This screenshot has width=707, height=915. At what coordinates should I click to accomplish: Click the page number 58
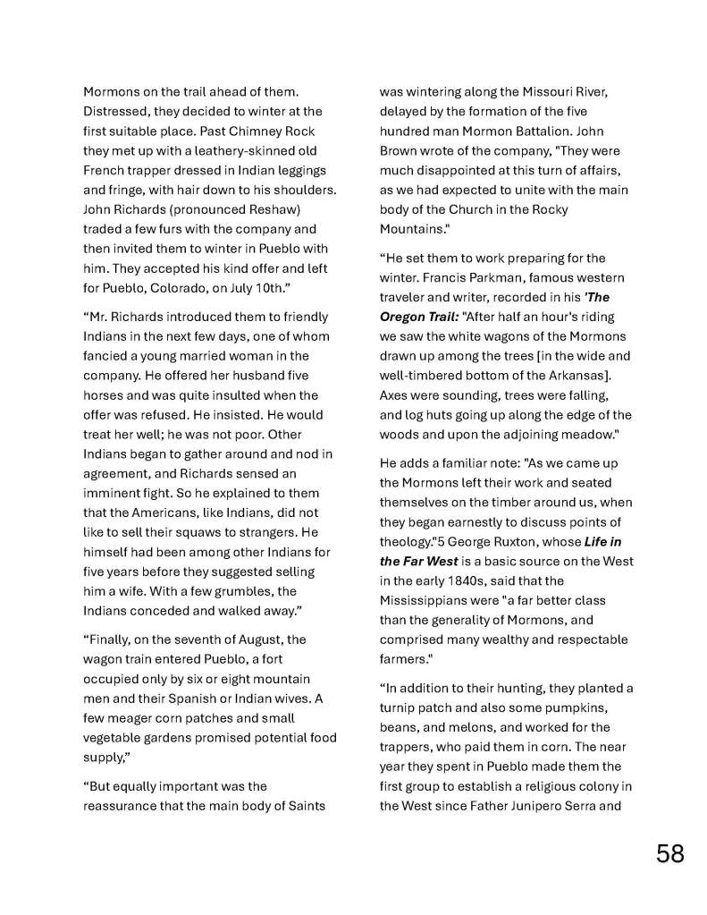[x=669, y=853]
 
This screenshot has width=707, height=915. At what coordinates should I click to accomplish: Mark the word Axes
[x=394, y=394]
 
